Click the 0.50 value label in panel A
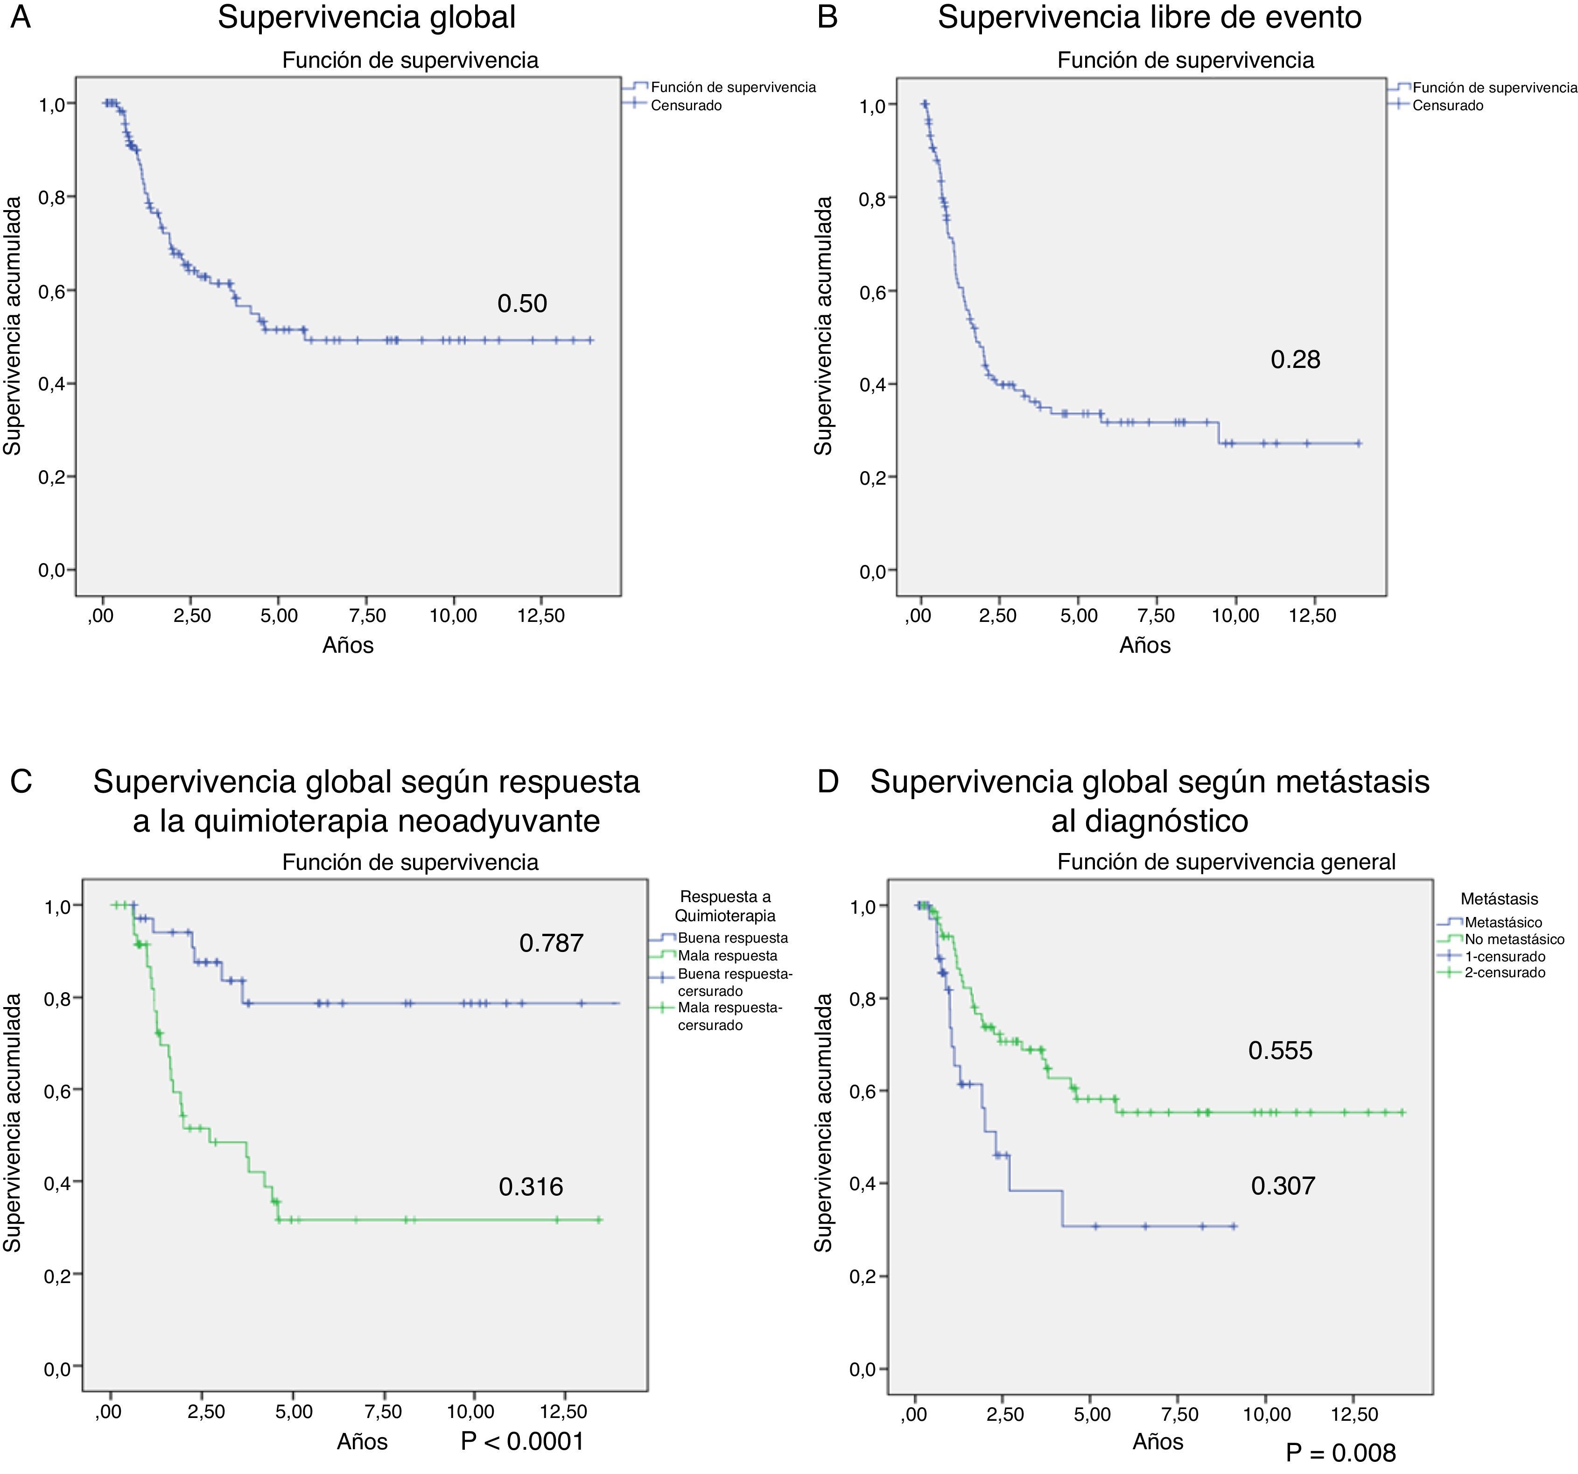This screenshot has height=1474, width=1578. point(521,303)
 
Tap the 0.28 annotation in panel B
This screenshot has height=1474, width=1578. point(1296,360)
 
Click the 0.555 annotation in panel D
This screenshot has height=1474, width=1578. point(1280,1051)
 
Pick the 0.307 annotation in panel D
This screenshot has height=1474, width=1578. point(1283,1186)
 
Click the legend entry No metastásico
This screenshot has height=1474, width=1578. point(1514,939)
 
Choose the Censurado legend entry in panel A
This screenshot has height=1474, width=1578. point(686,106)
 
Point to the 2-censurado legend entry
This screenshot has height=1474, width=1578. point(1504,973)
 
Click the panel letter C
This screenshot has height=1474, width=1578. point(21,782)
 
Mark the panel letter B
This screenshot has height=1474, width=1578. point(827,17)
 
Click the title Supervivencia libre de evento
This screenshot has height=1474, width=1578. point(1150,17)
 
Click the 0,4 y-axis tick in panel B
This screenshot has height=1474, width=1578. point(872,384)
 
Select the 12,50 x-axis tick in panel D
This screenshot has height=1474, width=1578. point(1354,1414)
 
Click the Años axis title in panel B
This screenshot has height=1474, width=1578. point(1144,645)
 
